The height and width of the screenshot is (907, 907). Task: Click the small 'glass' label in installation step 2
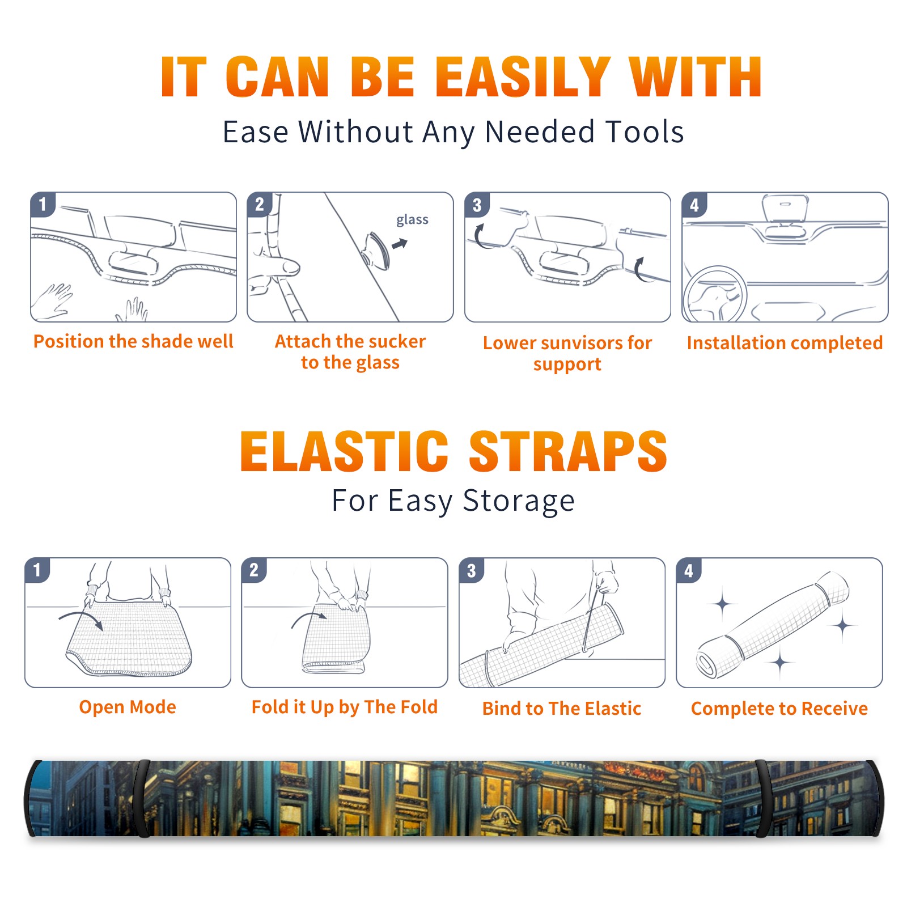412,220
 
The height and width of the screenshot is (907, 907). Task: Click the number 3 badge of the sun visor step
477,205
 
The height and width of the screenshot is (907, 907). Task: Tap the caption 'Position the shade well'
133,341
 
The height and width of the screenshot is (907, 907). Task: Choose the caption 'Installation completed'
785,343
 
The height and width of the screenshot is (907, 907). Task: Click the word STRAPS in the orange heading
568,451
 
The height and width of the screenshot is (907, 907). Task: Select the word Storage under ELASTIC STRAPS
519,501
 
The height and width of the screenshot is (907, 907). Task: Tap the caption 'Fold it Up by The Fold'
345,707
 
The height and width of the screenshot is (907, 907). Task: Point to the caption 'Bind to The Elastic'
562,709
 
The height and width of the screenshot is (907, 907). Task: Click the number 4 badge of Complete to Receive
689,570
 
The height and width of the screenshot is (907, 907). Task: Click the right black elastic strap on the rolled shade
764,798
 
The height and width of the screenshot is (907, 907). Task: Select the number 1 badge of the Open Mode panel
37,570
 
